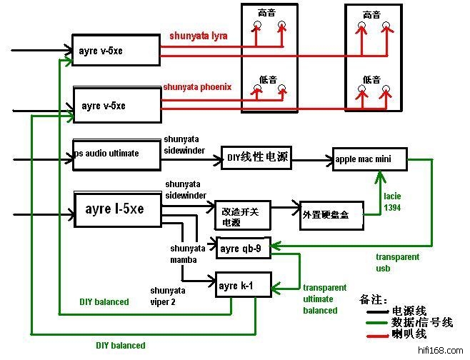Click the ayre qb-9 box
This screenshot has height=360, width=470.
click(244, 249)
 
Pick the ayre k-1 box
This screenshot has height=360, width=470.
click(235, 286)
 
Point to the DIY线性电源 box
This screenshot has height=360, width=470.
click(257, 157)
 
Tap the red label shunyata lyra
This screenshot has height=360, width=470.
click(199, 35)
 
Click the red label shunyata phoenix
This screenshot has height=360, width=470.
click(197, 87)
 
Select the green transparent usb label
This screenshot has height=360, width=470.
click(397, 262)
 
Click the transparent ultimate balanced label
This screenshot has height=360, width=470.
click(321, 299)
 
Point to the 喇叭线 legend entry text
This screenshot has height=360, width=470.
click(413, 334)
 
